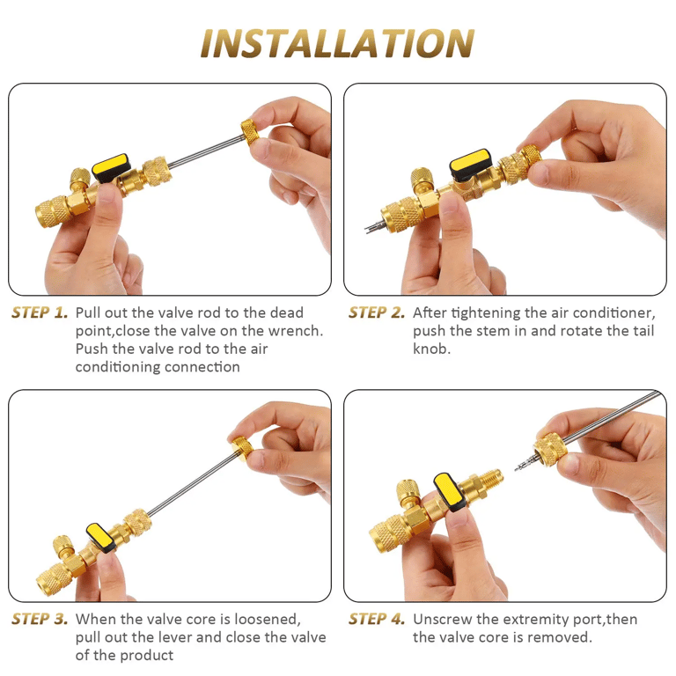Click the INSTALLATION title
(x=337, y=43)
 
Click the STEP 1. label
(x=40, y=312)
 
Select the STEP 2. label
(x=377, y=312)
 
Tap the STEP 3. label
(x=40, y=619)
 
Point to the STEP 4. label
(x=377, y=619)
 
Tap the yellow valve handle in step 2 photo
(x=475, y=162)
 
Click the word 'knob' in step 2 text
(x=431, y=349)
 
